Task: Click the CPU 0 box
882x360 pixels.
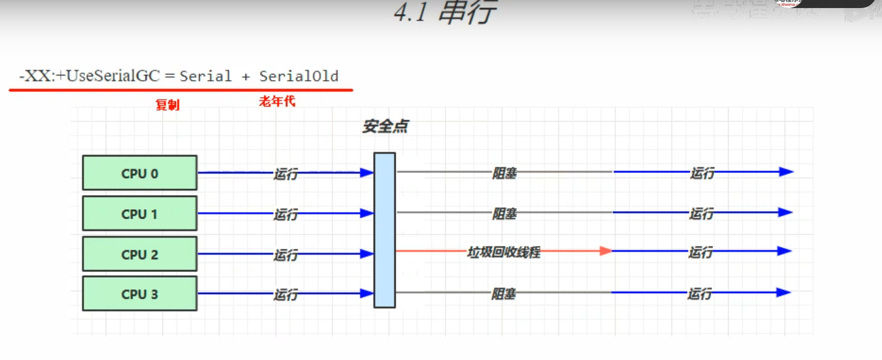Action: (140, 173)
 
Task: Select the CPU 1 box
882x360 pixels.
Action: (140, 214)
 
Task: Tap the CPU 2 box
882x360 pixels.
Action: (140, 254)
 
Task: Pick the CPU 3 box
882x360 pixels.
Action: (140, 294)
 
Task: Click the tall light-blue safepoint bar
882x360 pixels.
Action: (385, 230)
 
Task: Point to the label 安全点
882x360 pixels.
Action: (386, 126)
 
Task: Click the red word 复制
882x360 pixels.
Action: (167, 105)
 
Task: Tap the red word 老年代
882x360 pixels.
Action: (277, 102)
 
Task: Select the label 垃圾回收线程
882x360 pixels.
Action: (504, 252)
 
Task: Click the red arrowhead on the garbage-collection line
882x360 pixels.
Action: (605, 250)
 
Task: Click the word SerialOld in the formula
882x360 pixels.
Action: (299, 76)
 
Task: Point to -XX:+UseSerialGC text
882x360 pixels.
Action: (89, 76)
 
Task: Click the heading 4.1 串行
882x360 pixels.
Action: (445, 12)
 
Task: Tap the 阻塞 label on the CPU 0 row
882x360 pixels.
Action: (504, 173)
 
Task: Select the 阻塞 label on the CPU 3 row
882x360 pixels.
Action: (504, 294)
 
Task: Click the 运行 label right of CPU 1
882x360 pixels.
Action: (286, 215)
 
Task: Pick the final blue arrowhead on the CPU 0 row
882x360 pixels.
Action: (785, 172)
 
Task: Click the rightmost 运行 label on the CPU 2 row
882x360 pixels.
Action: (700, 252)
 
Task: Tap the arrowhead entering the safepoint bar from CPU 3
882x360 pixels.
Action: (367, 294)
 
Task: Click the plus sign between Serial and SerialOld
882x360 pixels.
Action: (245, 77)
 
